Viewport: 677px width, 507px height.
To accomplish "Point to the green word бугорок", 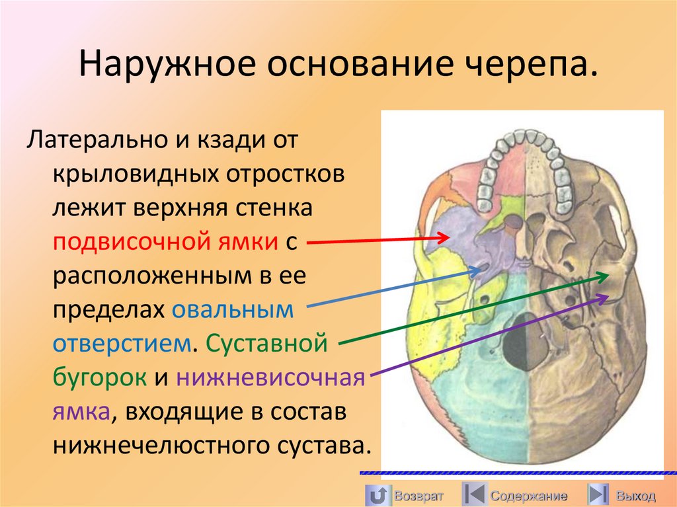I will click(100, 378).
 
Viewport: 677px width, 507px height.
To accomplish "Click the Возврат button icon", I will click(377, 494).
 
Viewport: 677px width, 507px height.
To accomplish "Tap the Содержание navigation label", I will click(528, 495).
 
